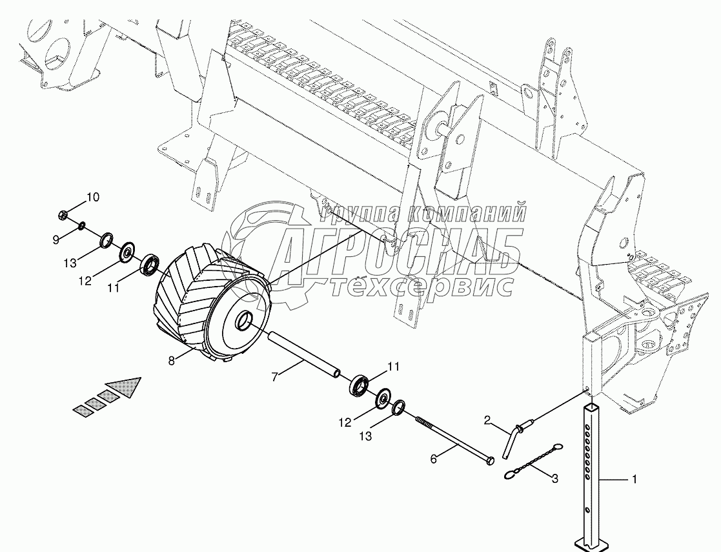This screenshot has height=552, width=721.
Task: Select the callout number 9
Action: click(x=56, y=240)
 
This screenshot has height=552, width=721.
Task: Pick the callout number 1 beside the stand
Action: click(x=634, y=480)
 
